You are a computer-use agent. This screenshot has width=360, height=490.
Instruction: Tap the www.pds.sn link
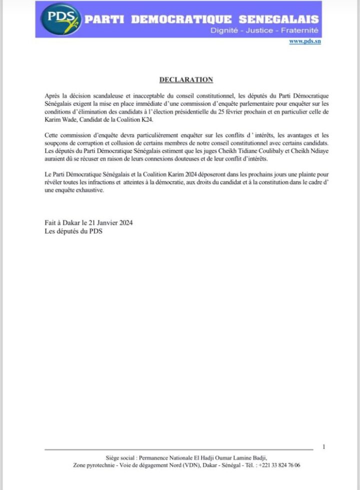pyautogui.click(x=304, y=42)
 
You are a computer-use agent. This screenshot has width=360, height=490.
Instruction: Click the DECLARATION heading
pyautogui.click(x=186, y=80)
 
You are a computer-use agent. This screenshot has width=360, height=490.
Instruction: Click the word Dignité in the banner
pyautogui.click(x=225, y=31)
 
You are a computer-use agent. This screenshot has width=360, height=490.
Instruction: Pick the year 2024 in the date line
pyautogui.click(x=123, y=223)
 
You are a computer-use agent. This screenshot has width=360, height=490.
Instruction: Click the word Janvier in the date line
pyautogui.click(x=100, y=223)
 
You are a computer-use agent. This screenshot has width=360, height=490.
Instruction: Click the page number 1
pyautogui.click(x=324, y=446)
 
